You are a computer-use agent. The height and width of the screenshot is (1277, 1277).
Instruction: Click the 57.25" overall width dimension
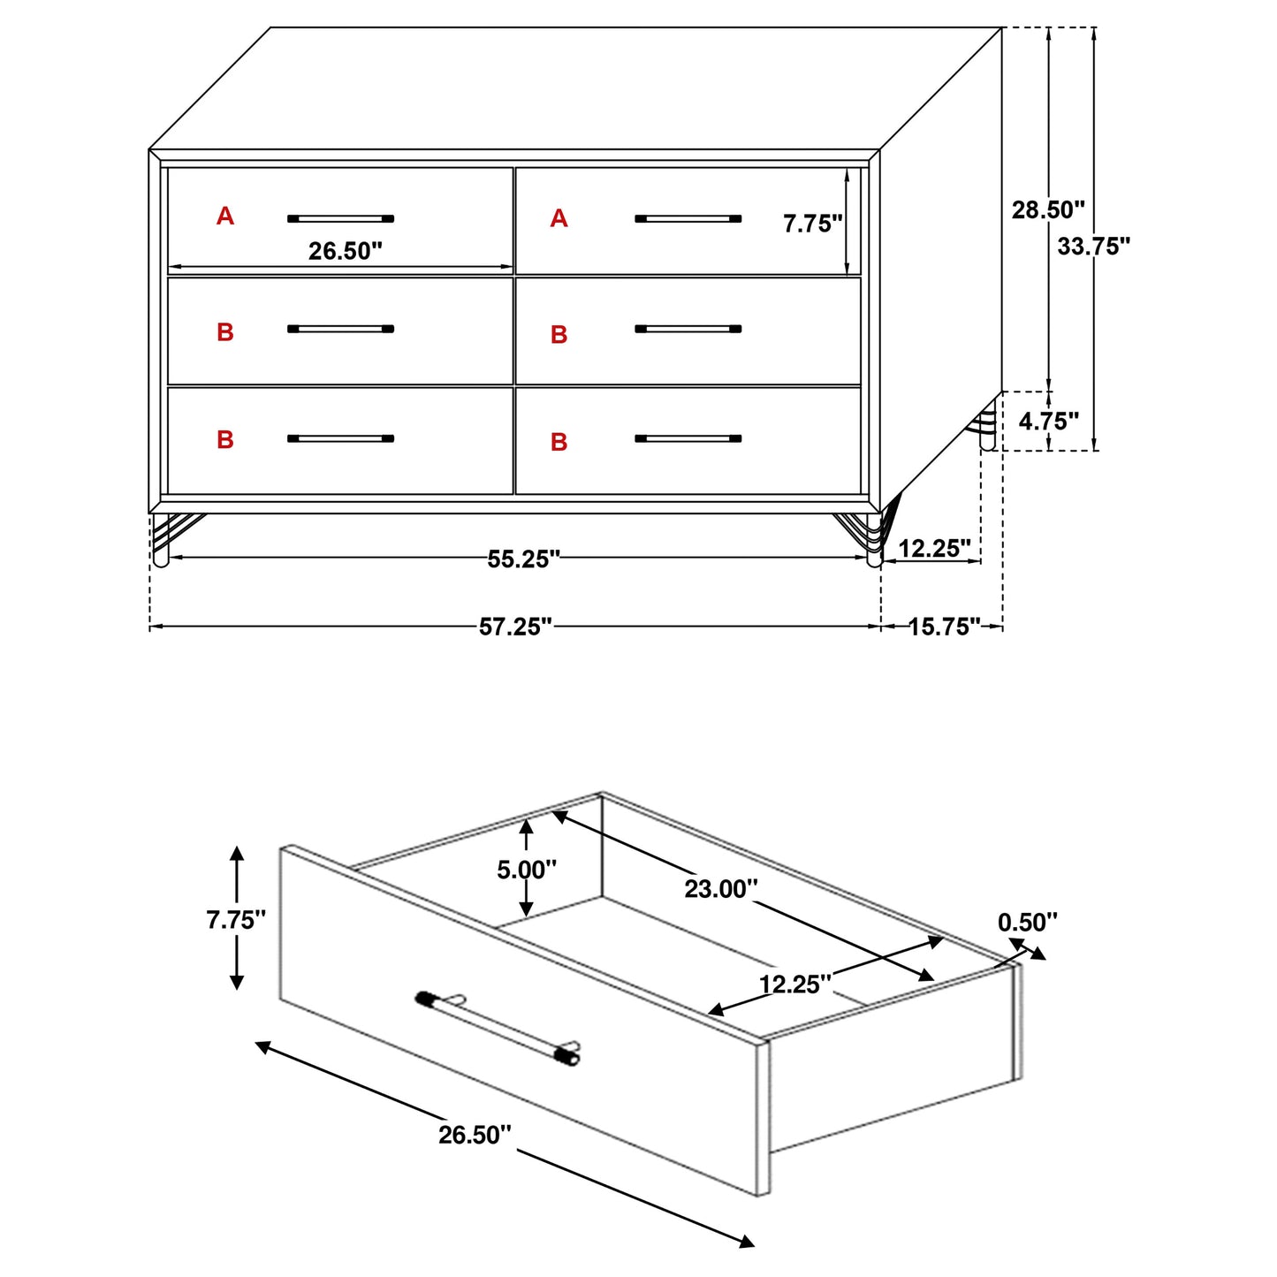(x=515, y=627)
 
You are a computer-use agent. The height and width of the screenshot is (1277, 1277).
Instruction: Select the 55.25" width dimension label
(x=523, y=559)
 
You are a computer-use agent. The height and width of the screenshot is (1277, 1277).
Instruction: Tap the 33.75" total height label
(x=1093, y=247)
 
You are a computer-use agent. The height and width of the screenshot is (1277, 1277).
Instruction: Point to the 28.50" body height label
(x=1047, y=210)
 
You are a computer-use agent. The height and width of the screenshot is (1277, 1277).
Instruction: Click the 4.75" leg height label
(x=1048, y=422)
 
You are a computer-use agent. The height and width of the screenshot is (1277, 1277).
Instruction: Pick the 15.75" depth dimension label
(x=944, y=627)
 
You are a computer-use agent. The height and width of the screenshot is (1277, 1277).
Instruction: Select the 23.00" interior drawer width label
(x=720, y=889)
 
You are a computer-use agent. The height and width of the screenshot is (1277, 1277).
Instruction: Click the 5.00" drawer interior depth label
(x=526, y=870)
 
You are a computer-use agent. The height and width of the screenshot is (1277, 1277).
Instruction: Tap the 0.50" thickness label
(x=1027, y=923)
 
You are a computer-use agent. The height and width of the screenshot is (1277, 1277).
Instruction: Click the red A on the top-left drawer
(x=225, y=216)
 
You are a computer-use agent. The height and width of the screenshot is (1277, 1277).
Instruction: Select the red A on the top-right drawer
(x=559, y=218)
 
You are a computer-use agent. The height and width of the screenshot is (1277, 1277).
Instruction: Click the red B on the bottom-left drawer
(x=225, y=439)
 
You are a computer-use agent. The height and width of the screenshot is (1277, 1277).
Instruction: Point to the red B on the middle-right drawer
(x=559, y=335)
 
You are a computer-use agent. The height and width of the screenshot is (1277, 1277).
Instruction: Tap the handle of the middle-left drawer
(x=340, y=329)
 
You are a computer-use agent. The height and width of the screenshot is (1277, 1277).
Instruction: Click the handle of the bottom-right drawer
(x=688, y=438)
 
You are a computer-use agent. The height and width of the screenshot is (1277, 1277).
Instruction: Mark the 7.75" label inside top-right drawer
(x=812, y=224)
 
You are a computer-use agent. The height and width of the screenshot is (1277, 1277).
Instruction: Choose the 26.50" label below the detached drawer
(x=475, y=1135)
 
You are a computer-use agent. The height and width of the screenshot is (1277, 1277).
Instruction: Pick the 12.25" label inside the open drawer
(x=794, y=984)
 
